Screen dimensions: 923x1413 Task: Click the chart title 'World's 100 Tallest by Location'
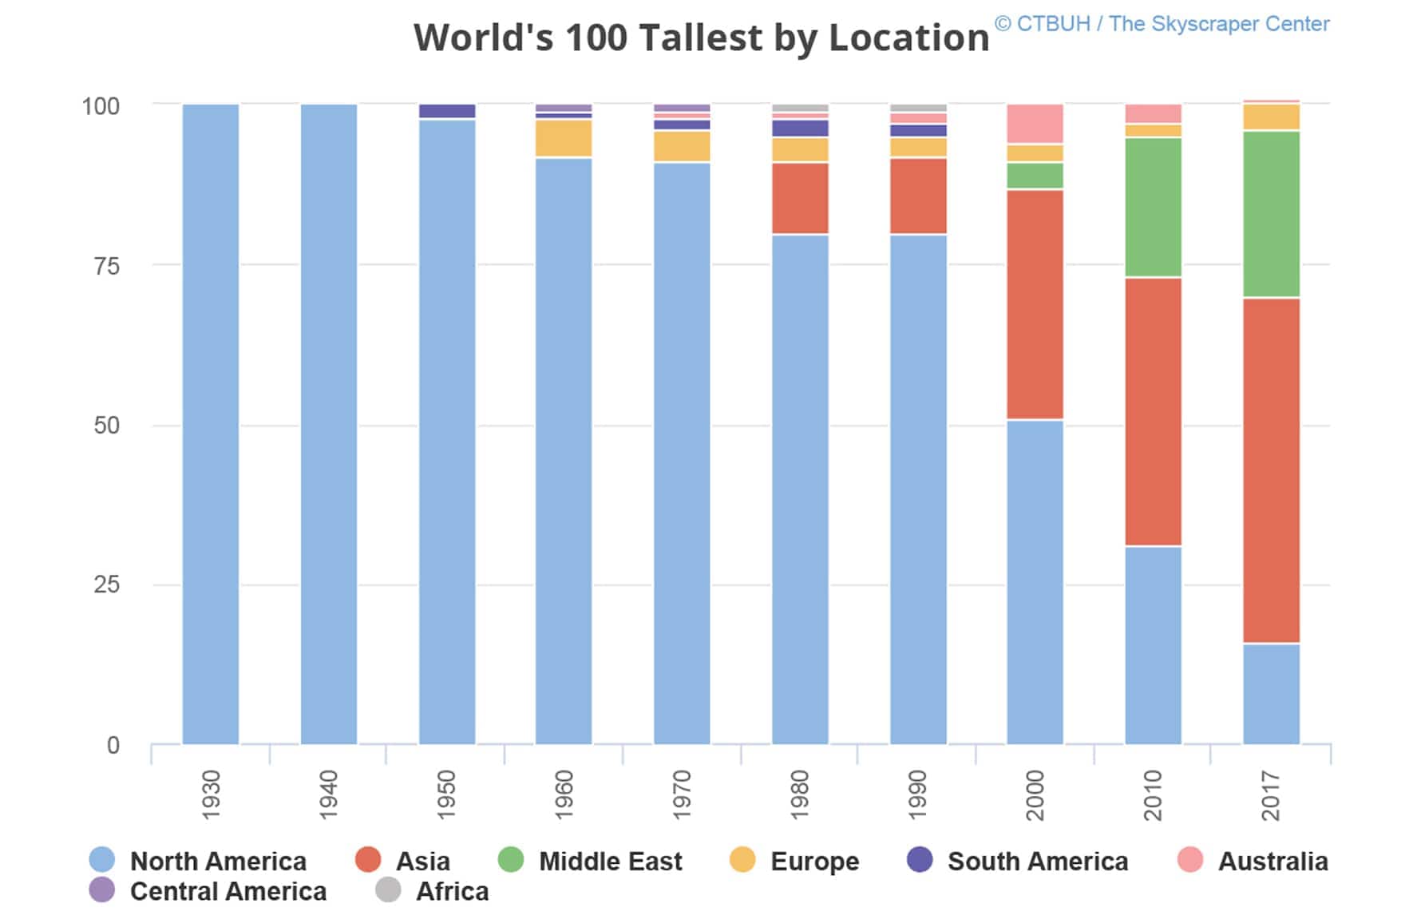701,38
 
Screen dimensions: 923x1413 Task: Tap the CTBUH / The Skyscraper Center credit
1162,24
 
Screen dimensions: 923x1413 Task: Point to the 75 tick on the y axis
106,266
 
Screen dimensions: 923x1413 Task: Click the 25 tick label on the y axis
106,584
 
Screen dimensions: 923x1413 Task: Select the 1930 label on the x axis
211,794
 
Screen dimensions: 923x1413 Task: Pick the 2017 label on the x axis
1270,795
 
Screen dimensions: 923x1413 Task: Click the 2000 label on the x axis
1035,795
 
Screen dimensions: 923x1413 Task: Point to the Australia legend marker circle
1190,860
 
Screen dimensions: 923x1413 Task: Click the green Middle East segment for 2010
1153,208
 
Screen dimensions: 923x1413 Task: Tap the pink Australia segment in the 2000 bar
1035,124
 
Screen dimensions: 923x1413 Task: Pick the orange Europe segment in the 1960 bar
564,138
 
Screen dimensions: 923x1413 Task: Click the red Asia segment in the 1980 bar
800,198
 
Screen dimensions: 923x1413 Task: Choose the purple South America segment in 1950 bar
447,111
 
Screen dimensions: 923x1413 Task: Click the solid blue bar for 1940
329,423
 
